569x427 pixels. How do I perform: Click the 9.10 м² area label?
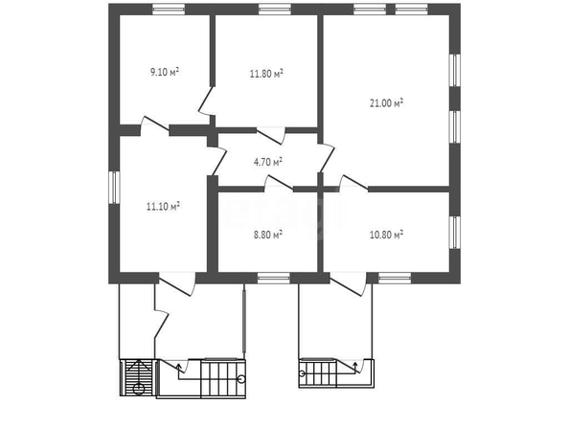[x=165, y=72]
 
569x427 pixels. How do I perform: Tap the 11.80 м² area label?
[x=266, y=74]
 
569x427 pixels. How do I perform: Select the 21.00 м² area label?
[x=386, y=103]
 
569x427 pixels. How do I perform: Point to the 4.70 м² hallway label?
[x=268, y=162]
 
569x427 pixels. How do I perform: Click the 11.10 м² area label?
[x=163, y=207]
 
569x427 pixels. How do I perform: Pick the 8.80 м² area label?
[x=268, y=236]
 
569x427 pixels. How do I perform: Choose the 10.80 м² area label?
[x=386, y=236]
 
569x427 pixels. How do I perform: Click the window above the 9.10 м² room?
[x=169, y=9]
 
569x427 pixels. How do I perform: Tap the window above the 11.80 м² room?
[x=275, y=9]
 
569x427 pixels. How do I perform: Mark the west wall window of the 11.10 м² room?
[x=114, y=188]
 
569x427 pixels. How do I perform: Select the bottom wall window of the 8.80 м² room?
[x=274, y=278]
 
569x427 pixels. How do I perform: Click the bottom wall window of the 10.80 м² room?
[x=395, y=278]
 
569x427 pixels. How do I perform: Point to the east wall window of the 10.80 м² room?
[x=455, y=233]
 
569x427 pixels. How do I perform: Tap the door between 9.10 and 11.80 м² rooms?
[x=207, y=101]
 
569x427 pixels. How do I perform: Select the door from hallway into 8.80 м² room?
[x=279, y=183]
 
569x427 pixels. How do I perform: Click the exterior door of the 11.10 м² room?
[x=177, y=284]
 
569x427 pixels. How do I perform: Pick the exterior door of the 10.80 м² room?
[x=348, y=284]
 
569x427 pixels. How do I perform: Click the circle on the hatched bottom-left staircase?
[x=139, y=390]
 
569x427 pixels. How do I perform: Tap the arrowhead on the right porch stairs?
[x=355, y=364]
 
